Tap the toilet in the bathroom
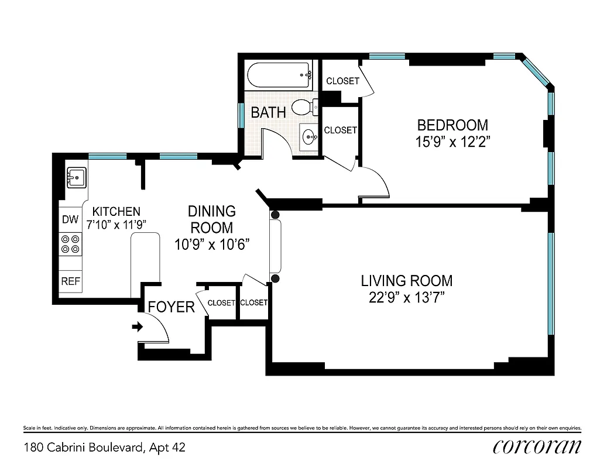(x=304, y=107)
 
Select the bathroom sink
(x=308, y=137)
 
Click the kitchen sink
(x=76, y=175)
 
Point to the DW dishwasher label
(x=70, y=220)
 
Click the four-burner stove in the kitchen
(x=70, y=244)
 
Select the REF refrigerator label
(x=70, y=281)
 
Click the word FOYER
(x=171, y=307)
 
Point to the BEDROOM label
(x=452, y=125)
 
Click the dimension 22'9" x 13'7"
(x=406, y=298)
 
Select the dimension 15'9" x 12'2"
(x=452, y=142)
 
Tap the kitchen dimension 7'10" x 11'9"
(x=115, y=224)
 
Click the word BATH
(x=268, y=112)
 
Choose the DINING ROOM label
(x=211, y=219)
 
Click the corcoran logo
(x=537, y=447)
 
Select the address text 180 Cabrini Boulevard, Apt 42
(x=105, y=448)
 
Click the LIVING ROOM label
(x=406, y=281)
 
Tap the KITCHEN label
(x=117, y=211)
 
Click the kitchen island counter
(x=145, y=263)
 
